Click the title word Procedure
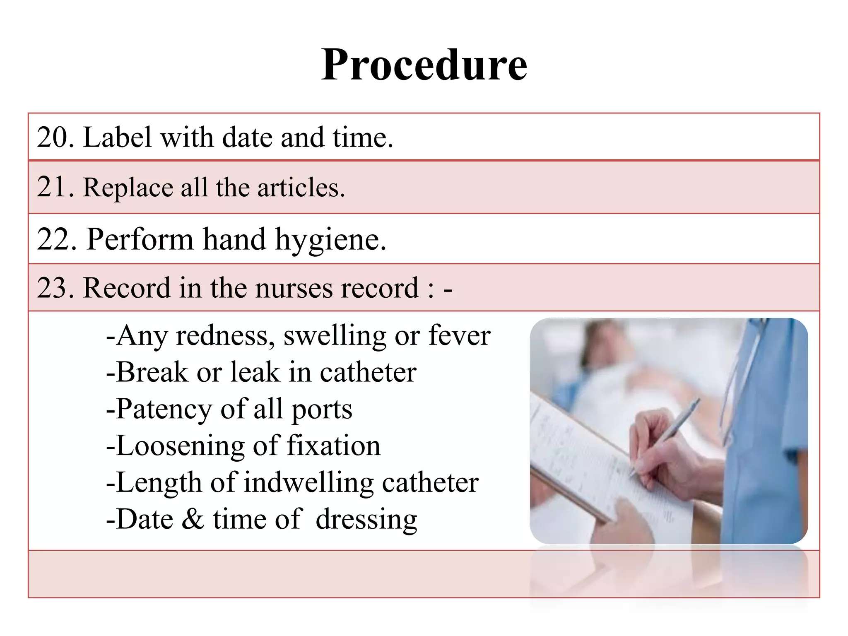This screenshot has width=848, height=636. pyautogui.click(x=424, y=65)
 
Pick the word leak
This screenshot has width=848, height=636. pyautogui.click(x=255, y=372)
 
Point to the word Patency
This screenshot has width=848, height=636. pyautogui.click(x=164, y=409)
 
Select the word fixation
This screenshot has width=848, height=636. pyautogui.click(x=333, y=446)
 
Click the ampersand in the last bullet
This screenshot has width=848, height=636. pyautogui.click(x=193, y=519)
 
